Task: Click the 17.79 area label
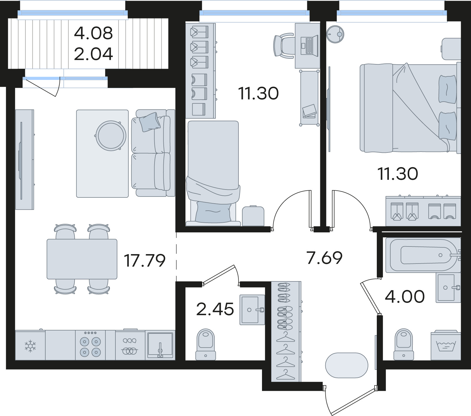point(145,261)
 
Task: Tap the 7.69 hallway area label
point(324,258)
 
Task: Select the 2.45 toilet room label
point(215,309)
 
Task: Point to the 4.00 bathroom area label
point(405,296)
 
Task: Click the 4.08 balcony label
point(93,33)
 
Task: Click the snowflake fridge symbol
point(30,345)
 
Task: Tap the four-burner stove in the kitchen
point(90,345)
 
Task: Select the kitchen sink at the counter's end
point(160,345)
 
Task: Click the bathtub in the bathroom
point(423,254)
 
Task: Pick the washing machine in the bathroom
point(446,345)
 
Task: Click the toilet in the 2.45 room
point(205,344)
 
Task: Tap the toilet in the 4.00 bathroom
point(404,344)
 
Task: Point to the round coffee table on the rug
point(111,135)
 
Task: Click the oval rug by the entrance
point(346,365)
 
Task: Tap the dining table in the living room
point(82,259)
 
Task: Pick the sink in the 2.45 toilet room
point(252,310)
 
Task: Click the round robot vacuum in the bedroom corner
point(335,34)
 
